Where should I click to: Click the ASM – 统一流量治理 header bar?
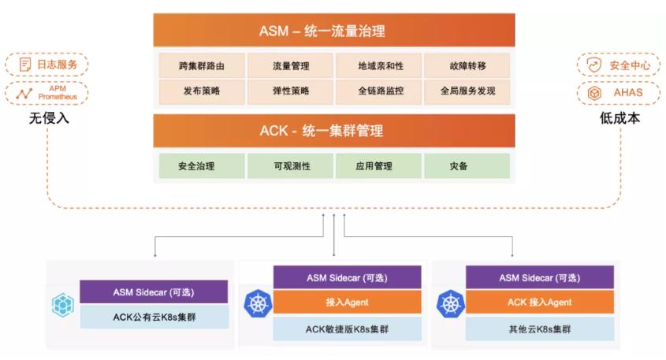click(333, 32)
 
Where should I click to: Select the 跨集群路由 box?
click(201, 65)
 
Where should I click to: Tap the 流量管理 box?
click(291, 65)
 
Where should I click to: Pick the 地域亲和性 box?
click(379, 65)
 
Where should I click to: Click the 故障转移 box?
click(467, 65)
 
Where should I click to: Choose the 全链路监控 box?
click(379, 91)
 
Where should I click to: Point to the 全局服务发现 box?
click(467, 91)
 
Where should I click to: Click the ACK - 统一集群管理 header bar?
click(333, 131)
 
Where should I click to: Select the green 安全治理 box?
click(201, 166)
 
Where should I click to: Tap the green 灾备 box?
click(467, 166)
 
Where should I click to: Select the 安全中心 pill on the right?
click(619, 65)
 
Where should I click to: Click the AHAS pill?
click(619, 93)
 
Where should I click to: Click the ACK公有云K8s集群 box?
click(153, 317)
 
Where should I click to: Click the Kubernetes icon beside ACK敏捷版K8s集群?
click(257, 303)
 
